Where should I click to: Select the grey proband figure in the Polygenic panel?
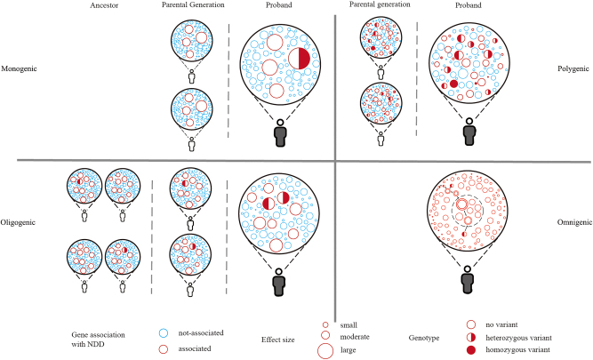click(x=467, y=132)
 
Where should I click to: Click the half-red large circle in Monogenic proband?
click(x=300, y=59)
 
